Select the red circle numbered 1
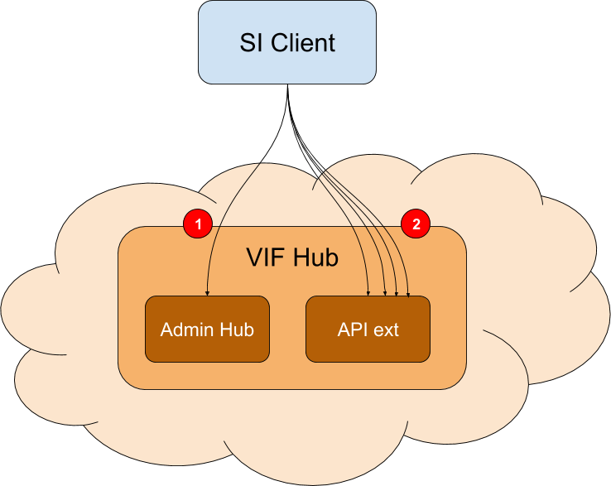(198, 224)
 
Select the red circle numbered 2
(416, 224)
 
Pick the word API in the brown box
(351, 330)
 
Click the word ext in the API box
(385, 330)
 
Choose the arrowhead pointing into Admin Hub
(206, 292)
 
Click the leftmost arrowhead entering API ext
(368, 292)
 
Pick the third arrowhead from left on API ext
(396, 292)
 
